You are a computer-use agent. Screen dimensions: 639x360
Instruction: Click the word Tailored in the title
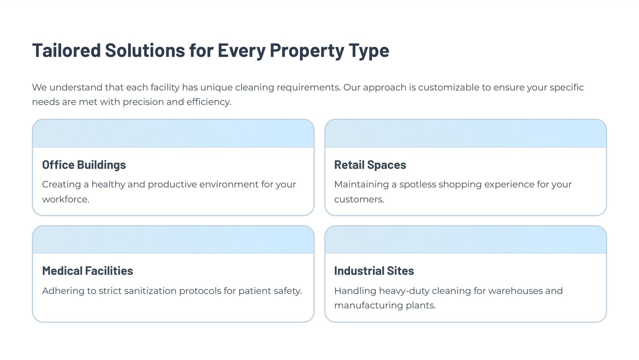coord(66,50)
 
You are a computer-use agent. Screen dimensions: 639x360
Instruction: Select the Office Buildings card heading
coord(84,165)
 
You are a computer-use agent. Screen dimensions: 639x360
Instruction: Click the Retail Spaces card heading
coord(370,165)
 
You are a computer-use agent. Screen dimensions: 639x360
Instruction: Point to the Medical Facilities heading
coord(87,270)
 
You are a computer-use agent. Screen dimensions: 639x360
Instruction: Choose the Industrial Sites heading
coord(374,270)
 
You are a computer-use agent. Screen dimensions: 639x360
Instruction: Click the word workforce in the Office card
coord(65,199)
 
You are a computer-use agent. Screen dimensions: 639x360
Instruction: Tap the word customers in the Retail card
coord(359,199)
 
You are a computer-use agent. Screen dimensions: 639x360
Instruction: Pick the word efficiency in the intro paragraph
coord(209,102)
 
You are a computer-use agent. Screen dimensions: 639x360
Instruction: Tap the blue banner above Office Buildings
coord(173,133)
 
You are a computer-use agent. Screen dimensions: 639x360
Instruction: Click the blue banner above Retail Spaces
coord(466,133)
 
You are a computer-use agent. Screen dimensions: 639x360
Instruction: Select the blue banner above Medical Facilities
coord(173,239)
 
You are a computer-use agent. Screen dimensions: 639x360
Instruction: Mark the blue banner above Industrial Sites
coord(466,239)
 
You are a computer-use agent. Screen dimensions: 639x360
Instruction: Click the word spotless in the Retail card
coord(418,185)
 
